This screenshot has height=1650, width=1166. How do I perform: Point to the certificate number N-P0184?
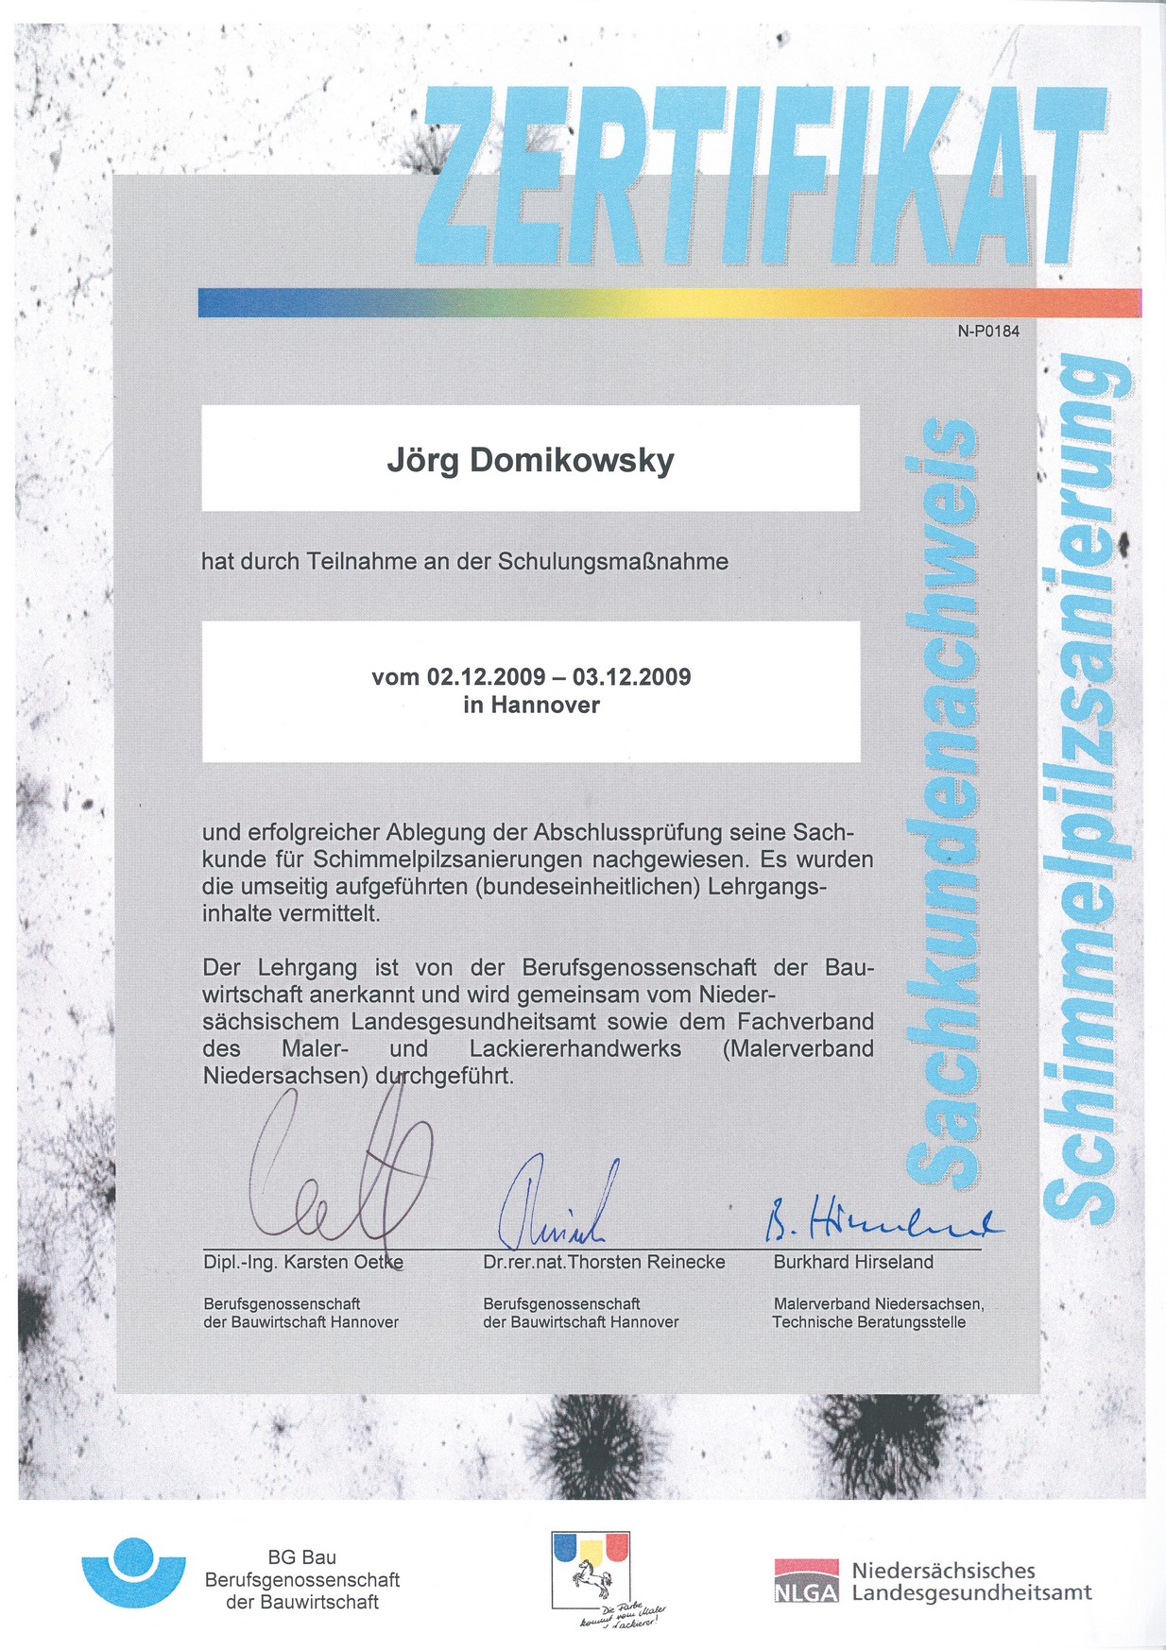click(988, 332)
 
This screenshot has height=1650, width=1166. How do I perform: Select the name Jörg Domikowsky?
click(530, 460)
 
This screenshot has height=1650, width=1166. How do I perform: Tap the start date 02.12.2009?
click(486, 677)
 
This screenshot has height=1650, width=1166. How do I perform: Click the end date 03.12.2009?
click(631, 677)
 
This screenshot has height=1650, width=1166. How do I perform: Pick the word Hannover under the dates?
click(545, 705)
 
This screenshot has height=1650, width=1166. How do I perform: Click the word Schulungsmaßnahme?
click(613, 562)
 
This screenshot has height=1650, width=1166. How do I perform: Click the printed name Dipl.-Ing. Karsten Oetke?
click(302, 1263)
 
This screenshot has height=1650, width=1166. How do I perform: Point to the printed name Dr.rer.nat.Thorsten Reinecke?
click(604, 1263)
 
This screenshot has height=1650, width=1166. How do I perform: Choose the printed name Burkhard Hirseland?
click(853, 1263)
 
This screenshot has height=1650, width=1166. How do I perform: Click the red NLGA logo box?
click(806, 1581)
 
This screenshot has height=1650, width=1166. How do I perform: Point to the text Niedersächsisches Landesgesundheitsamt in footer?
click(970, 1581)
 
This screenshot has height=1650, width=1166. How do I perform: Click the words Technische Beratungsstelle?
click(868, 1322)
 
